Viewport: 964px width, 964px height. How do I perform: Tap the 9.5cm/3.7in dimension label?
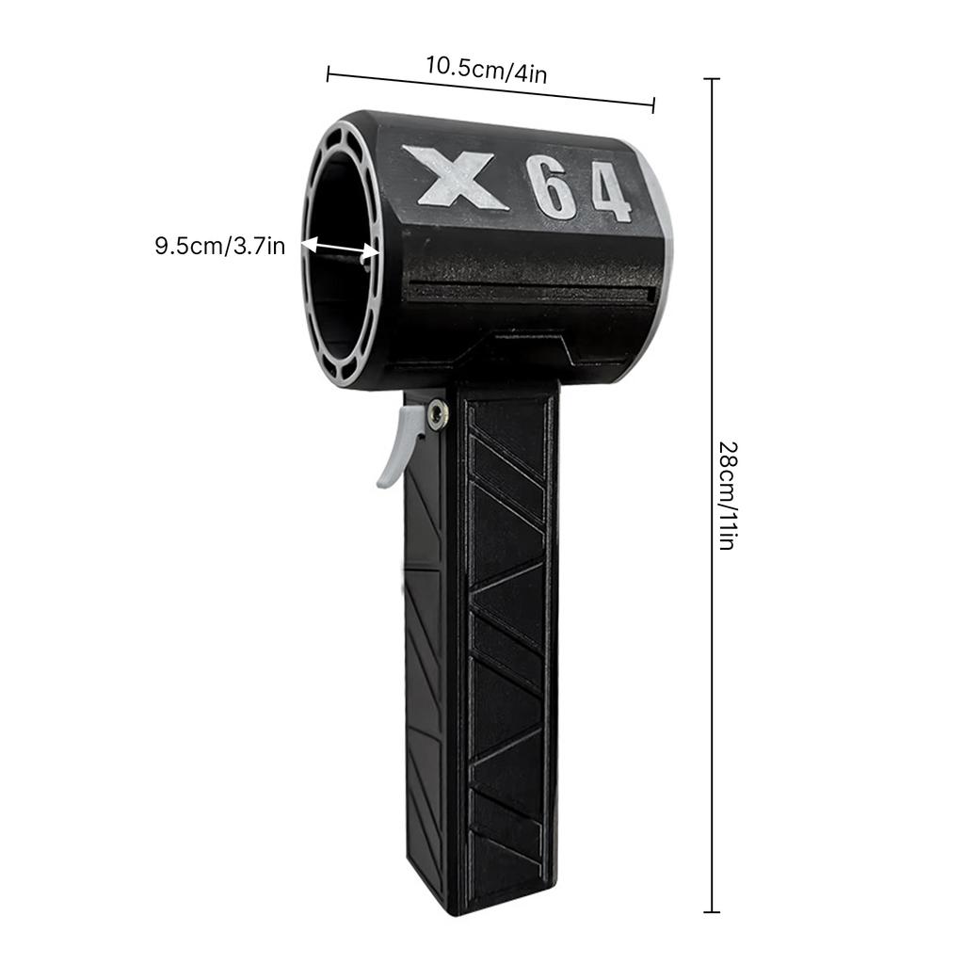(x=220, y=248)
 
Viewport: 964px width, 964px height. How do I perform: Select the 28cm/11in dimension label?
(x=726, y=495)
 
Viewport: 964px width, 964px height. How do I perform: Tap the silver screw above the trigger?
(x=438, y=412)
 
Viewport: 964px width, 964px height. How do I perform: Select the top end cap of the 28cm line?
(x=712, y=79)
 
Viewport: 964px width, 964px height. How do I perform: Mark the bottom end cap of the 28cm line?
(x=712, y=911)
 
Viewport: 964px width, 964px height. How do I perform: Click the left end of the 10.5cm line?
(x=328, y=73)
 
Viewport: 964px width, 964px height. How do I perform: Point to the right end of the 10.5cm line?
(x=652, y=106)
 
